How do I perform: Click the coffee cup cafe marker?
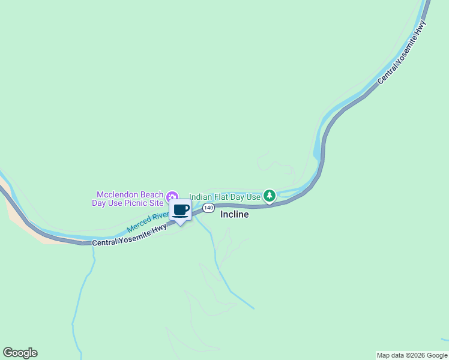tap(180, 211)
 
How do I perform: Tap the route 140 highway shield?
tap(208, 208)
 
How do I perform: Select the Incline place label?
tap(234, 214)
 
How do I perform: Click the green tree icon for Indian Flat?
tap(270, 195)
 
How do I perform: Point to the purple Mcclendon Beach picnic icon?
tap(172, 196)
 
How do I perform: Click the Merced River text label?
tap(147, 221)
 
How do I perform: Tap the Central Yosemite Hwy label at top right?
tap(402, 53)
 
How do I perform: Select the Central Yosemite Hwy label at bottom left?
tap(129, 236)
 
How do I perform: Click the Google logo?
tap(20, 353)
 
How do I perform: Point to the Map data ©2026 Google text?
tap(412, 355)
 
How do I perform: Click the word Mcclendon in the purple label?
tap(118, 194)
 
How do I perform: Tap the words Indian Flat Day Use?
tap(225, 197)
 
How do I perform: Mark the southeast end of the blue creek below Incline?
tap(253, 308)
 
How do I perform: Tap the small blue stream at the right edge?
tap(444, 339)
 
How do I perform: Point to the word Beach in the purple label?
tap(152, 194)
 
